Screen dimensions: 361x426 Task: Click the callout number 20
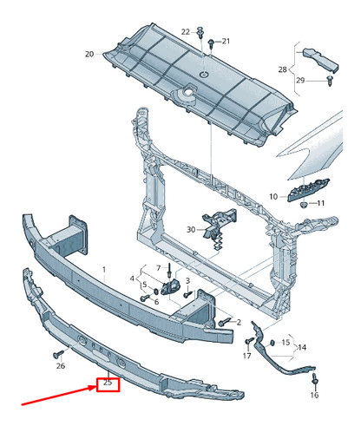point(89,54)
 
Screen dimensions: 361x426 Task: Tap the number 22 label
point(186,32)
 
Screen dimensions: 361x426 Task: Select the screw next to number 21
point(211,43)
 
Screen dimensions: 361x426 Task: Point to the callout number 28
point(282,69)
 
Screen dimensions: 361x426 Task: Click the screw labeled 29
point(330,81)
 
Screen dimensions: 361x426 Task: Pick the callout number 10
point(273,197)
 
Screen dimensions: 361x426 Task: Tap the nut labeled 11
point(304,205)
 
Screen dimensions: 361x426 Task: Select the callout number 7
point(158,268)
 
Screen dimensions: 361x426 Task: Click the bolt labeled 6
point(144,298)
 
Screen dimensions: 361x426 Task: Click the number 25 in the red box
point(108,383)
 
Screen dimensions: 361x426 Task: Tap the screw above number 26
point(58,354)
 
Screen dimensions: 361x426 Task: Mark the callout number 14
point(301,347)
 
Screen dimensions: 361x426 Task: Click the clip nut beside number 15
point(272,343)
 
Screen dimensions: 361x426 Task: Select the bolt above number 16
point(315,380)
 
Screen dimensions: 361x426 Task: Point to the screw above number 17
point(249,341)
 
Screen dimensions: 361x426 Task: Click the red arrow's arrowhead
point(93,389)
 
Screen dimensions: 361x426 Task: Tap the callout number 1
point(104,270)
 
